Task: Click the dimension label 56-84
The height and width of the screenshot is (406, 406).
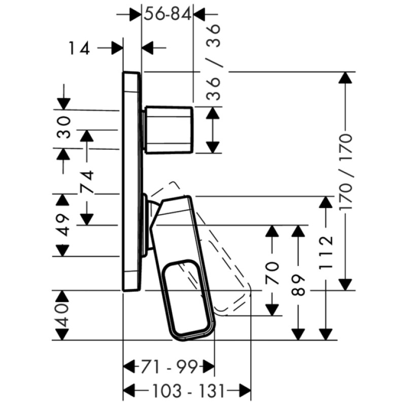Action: [x=167, y=14]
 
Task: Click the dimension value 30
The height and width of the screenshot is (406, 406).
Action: [x=63, y=127]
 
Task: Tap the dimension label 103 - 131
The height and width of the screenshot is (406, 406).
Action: [x=188, y=391]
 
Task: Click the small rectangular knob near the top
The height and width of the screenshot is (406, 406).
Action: [x=169, y=130]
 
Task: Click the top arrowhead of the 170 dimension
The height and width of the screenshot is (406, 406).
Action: [x=345, y=78]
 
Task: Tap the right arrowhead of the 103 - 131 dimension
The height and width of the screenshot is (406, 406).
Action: [x=246, y=390]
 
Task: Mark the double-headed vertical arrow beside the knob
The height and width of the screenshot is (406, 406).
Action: [x=214, y=130]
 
